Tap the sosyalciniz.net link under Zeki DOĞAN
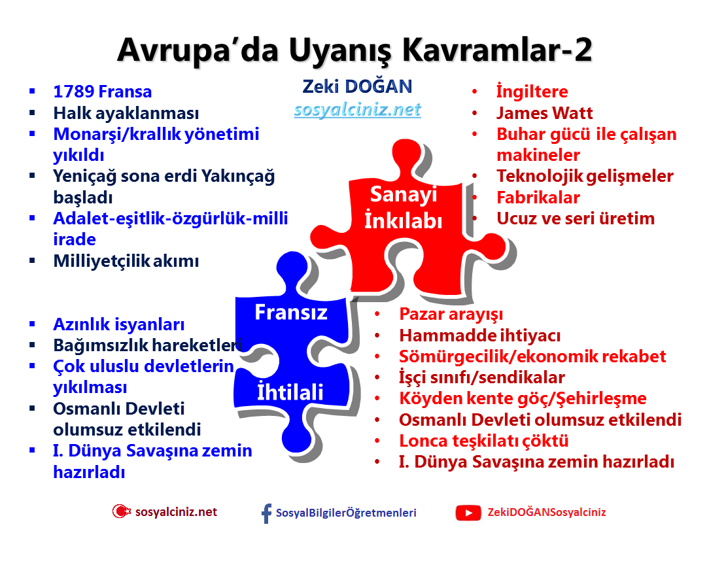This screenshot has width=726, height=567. point(357,109)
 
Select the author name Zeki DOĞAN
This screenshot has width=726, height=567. point(357,86)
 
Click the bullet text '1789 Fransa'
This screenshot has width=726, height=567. point(102,92)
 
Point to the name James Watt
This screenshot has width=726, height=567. point(544,113)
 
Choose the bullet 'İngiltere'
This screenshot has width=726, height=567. point(532,92)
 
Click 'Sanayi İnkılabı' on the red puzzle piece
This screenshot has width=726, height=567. point(403,207)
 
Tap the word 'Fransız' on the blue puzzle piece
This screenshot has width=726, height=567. point(290,312)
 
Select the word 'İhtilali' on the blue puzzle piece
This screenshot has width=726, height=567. point(290,392)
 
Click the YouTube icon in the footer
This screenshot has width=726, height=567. point(468,513)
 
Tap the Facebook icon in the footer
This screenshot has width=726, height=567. point(266,513)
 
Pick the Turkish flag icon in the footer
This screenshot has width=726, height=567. point(121,512)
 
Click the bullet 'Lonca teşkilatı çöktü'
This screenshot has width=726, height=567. point(483,441)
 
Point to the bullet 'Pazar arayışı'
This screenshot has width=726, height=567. point(451,315)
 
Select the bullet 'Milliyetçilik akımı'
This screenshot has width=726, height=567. point(126,261)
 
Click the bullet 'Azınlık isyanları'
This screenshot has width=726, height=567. point(118,324)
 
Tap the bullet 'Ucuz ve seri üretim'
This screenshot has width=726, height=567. point(575,218)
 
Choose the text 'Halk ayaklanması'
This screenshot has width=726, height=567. point(126,113)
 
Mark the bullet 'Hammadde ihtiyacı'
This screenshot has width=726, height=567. point(479,335)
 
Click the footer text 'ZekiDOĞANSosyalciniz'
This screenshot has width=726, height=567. point(547,513)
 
